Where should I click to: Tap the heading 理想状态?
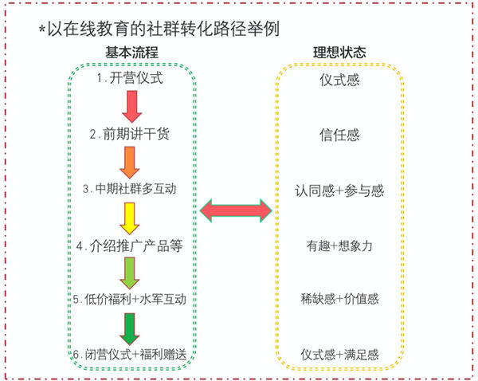(339, 53)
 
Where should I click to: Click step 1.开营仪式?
(132, 79)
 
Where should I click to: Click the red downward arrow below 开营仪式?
(132, 105)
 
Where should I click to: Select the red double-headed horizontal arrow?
(236, 210)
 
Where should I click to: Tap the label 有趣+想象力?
(339, 245)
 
